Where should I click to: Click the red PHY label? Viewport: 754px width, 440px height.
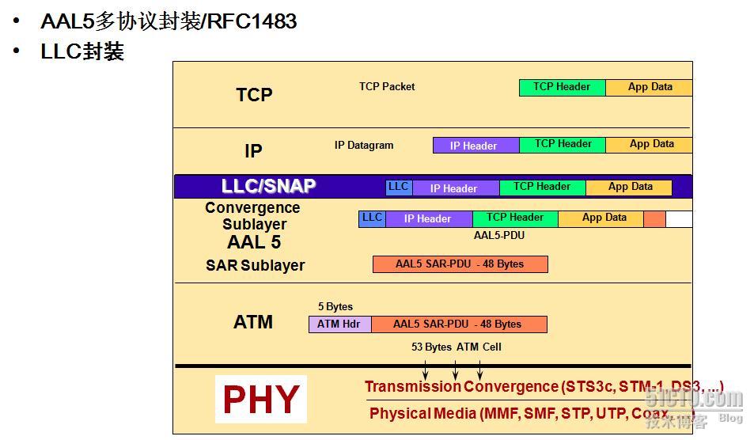click(x=260, y=400)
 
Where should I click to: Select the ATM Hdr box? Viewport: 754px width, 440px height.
click(x=339, y=324)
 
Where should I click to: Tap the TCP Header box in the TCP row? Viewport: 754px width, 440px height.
click(x=562, y=87)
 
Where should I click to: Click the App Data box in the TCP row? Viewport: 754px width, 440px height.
click(x=649, y=87)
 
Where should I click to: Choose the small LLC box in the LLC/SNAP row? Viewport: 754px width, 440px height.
click(x=398, y=188)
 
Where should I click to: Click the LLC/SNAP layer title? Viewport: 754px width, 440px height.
click(x=268, y=187)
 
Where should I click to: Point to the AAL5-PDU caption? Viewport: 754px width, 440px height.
click(x=498, y=235)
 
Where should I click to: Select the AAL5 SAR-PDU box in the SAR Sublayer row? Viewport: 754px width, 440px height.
click(x=460, y=264)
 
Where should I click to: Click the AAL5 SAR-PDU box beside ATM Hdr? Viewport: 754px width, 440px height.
click(x=458, y=324)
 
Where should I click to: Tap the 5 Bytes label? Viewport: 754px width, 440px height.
click(x=335, y=307)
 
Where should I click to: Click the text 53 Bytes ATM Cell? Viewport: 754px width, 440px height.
click(x=456, y=347)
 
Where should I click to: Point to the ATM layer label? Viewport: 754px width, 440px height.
click(x=253, y=322)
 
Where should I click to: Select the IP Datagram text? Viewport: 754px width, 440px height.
click(x=364, y=146)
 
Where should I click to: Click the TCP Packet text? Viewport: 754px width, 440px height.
click(x=387, y=87)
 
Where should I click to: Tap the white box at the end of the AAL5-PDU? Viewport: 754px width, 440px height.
click(x=679, y=219)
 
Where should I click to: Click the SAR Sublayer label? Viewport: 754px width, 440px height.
click(x=255, y=265)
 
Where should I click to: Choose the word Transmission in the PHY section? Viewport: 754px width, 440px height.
click(x=412, y=387)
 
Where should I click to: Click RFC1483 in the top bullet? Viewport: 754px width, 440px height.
click(x=252, y=21)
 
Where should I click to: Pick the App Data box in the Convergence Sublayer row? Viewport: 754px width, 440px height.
click(x=604, y=218)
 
